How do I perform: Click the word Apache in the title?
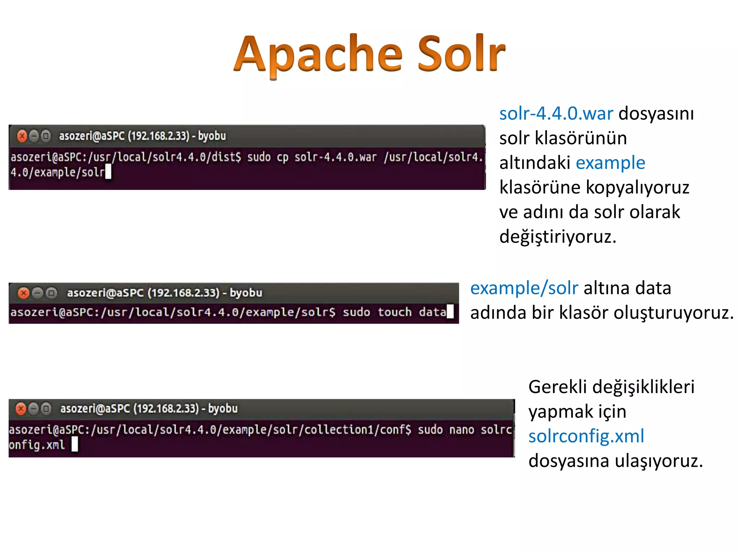tap(318, 54)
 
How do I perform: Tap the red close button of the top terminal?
tap(22, 136)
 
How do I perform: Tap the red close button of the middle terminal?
tap(24, 293)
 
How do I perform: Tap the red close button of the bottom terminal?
tap(21, 409)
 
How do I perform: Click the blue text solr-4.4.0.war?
tap(556, 114)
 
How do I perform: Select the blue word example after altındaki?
tap(610, 163)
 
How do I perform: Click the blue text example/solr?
tap(524, 288)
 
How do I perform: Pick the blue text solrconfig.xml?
tap(586, 436)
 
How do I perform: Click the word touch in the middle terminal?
tap(394, 312)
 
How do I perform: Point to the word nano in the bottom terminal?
tap(462, 430)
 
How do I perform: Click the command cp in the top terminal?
tap(283, 157)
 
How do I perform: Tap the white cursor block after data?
tap(450, 312)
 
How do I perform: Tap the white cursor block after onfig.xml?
tap(75, 444)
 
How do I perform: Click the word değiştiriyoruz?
tap(557, 237)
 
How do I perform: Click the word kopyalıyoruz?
tap(637, 188)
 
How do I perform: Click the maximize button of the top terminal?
tap(46, 136)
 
